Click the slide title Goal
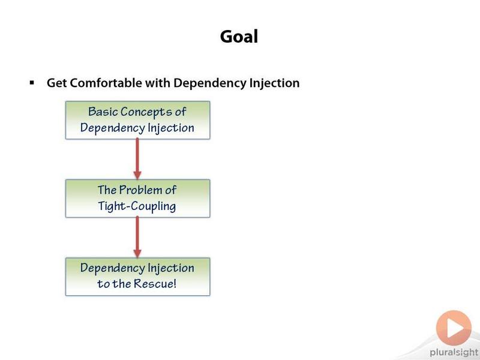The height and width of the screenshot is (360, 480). click(x=239, y=37)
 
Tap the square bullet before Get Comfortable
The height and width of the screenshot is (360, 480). click(x=32, y=82)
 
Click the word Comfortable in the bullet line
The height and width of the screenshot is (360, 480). click(x=106, y=83)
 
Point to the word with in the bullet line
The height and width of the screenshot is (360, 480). click(x=158, y=83)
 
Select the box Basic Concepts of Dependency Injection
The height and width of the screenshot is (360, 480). click(x=138, y=120)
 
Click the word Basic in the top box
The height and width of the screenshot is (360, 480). click(x=103, y=112)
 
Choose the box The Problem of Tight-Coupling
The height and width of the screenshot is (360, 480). click(x=138, y=199)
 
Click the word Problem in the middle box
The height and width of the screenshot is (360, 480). click(x=140, y=190)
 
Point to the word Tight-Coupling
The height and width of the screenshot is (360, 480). click(x=137, y=206)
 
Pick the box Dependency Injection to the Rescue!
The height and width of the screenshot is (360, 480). click(x=138, y=277)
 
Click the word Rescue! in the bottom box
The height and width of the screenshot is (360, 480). click(x=155, y=283)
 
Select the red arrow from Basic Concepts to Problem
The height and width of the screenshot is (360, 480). click(x=137, y=159)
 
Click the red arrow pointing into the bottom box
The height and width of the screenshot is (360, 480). click(x=137, y=237)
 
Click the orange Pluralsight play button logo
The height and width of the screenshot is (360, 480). click(x=454, y=328)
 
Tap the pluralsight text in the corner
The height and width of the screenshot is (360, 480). click(x=454, y=353)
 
